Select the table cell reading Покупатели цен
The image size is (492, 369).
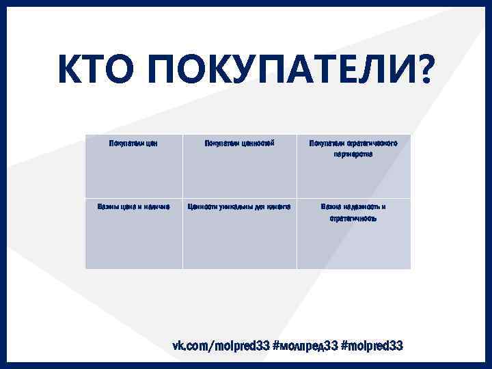(134, 143)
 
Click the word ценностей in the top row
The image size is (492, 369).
(257, 143)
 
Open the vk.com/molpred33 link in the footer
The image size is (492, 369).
(220, 346)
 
